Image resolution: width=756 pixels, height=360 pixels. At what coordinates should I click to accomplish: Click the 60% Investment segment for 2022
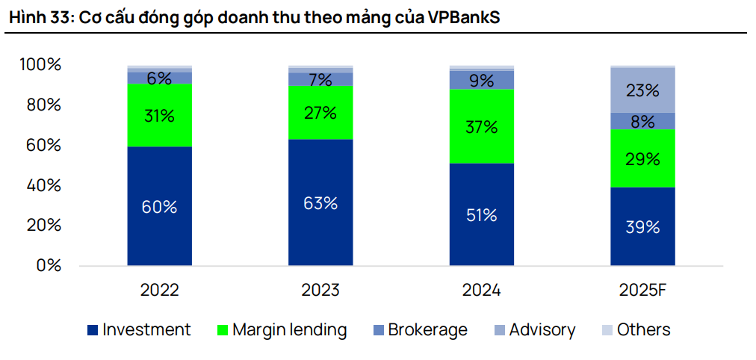(159, 206)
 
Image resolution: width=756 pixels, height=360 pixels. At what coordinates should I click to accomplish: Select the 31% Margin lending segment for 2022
(159, 115)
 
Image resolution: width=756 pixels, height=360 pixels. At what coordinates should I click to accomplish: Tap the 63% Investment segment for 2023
(320, 202)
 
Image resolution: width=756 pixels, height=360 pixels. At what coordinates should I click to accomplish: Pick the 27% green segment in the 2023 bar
(320, 113)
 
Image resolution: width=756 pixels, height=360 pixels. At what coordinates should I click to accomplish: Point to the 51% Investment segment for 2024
(482, 214)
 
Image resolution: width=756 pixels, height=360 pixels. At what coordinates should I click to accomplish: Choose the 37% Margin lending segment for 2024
(482, 126)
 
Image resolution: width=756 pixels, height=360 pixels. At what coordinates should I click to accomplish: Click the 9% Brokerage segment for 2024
(482, 79)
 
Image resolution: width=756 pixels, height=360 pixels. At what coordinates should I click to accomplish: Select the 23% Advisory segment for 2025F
(642, 90)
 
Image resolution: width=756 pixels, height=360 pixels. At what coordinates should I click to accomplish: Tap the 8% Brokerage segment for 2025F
(642, 121)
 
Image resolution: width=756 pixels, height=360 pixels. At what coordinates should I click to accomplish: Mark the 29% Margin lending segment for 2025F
(642, 158)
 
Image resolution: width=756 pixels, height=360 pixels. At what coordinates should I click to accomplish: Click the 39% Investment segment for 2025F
(642, 226)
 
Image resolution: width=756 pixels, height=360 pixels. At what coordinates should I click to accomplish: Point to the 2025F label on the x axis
(642, 291)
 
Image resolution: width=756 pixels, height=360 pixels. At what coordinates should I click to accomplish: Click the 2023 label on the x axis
(320, 291)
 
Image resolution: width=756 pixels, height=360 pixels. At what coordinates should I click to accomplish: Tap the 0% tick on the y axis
(48, 265)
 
